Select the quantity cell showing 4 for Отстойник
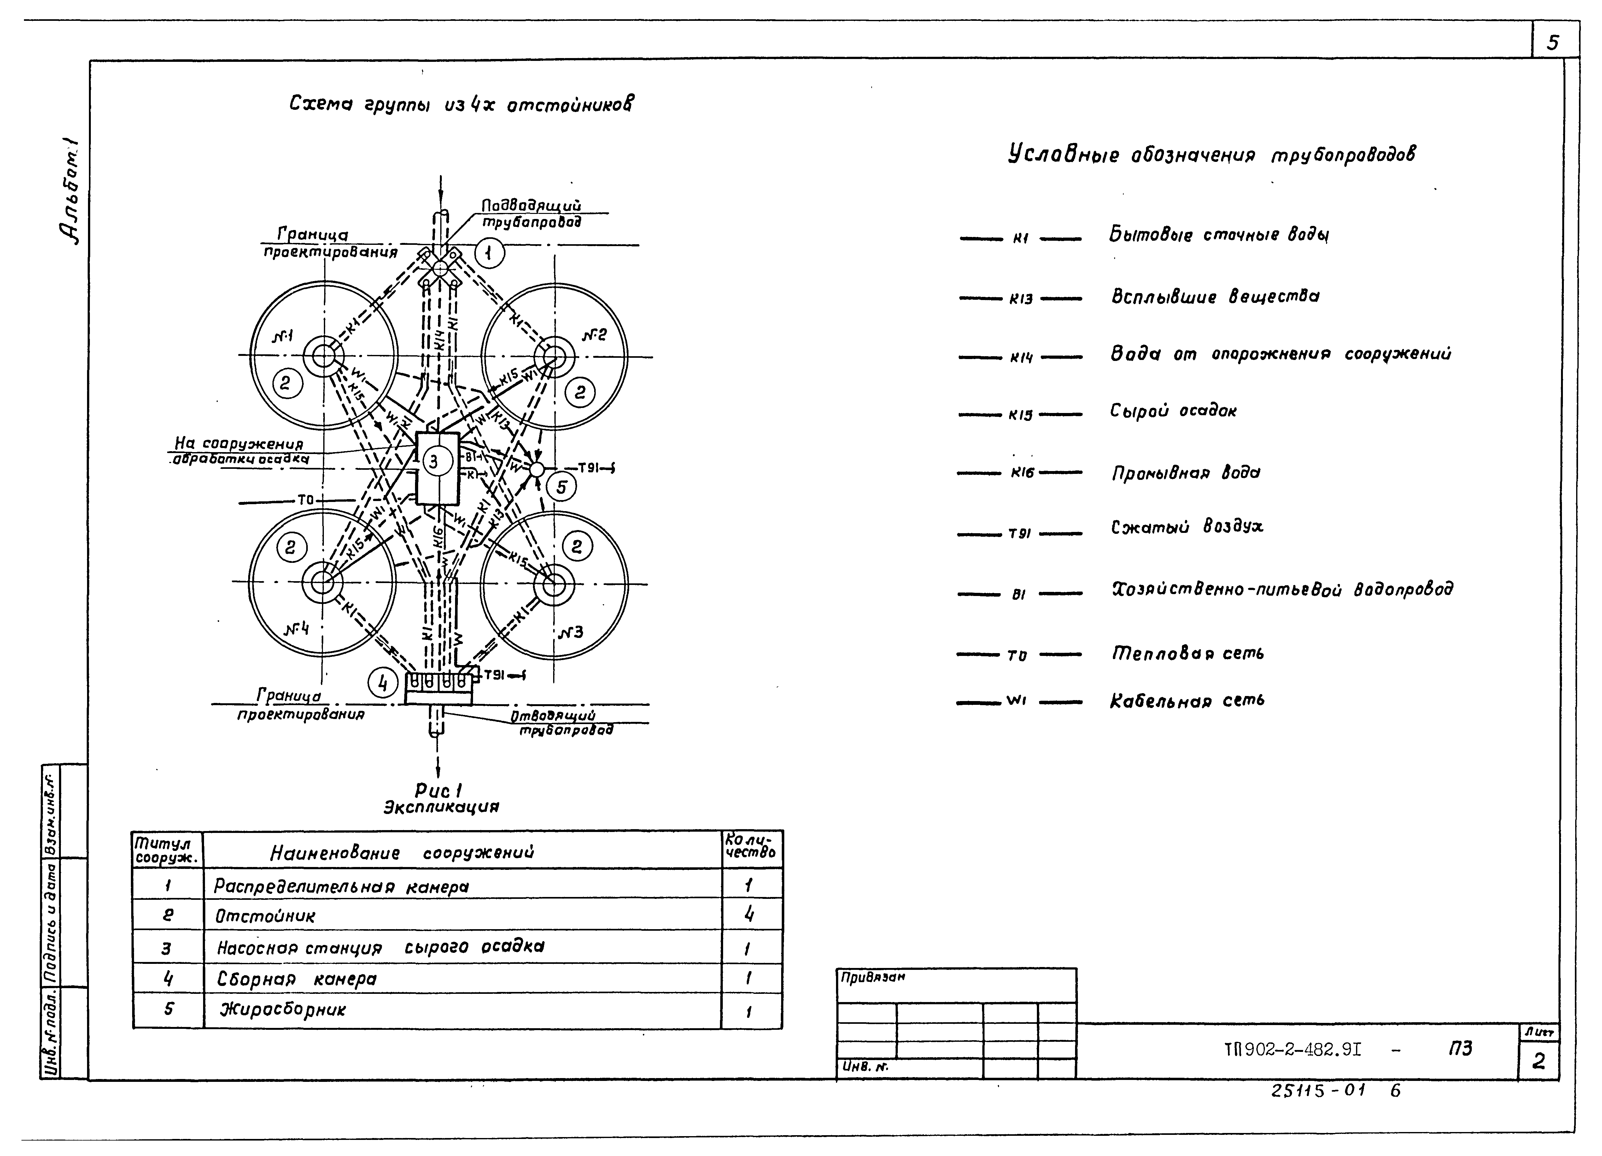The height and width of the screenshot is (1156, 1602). pos(749,915)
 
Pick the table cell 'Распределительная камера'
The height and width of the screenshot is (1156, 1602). pos(342,886)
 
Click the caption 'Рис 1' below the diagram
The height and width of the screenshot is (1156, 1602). pos(439,791)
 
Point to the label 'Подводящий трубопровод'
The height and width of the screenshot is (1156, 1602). pos(531,213)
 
